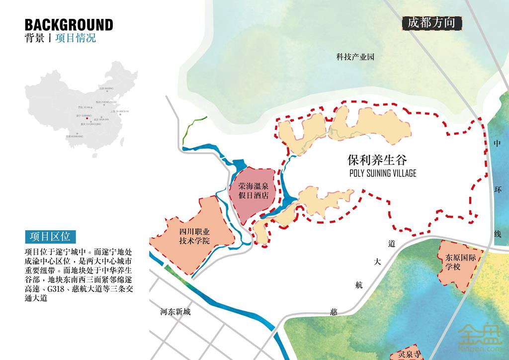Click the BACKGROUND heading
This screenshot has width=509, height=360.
[x=69, y=24]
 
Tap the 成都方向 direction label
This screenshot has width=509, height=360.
[x=431, y=23]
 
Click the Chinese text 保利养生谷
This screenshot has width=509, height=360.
[x=377, y=160]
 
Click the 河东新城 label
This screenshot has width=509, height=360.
[x=175, y=313]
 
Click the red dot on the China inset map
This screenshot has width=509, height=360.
[x=87, y=118]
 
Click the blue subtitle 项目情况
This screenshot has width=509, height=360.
[x=76, y=38]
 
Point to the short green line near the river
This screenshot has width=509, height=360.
[x=194, y=126]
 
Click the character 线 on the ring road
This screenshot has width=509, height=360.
[x=497, y=233]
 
